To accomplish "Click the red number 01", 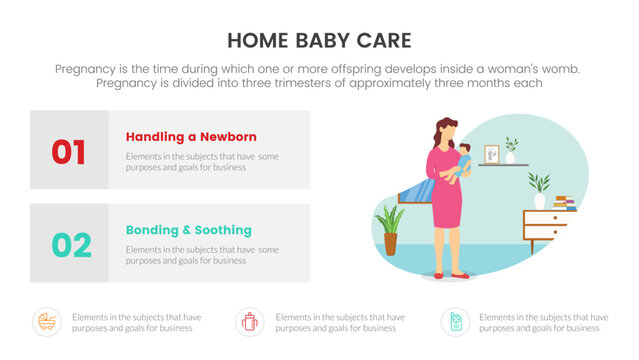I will tap(68, 151).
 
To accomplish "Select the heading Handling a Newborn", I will tap(191, 136).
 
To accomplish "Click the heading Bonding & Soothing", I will tap(188, 230).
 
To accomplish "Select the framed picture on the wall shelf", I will tap(491, 154).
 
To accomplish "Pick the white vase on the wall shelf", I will tap(511, 156).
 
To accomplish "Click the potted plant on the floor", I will tap(389, 230).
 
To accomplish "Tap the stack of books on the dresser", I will tap(564, 202).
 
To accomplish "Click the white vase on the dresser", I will tap(540, 201).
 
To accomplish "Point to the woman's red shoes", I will tap(450, 274).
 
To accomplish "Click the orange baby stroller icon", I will tap(46, 321).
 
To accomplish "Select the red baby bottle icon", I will tap(249, 321).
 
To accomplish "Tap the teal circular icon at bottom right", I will tap(455, 321).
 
